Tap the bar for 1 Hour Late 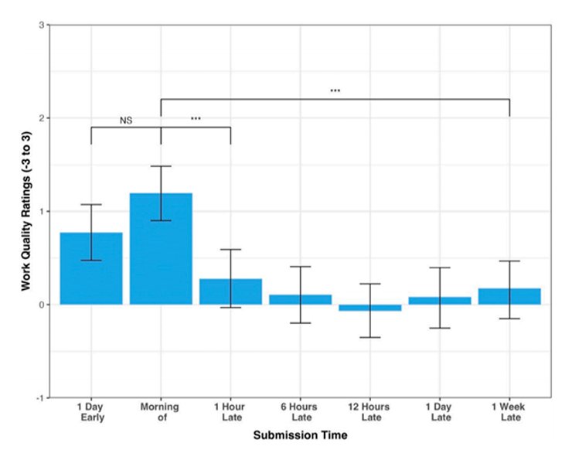pyautogui.click(x=230, y=291)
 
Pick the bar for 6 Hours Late pyautogui.click(x=300, y=299)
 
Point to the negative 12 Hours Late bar pyautogui.click(x=369, y=308)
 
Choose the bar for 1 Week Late pyautogui.click(x=509, y=296)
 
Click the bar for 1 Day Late pyautogui.click(x=440, y=300)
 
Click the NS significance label pyautogui.click(x=126, y=121)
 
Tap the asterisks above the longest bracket pyautogui.click(x=335, y=91)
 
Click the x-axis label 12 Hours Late pyautogui.click(x=369, y=412)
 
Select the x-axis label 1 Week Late pyautogui.click(x=509, y=412)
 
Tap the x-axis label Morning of pyautogui.click(x=161, y=412)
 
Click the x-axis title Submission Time pyautogui.click(x=300, y=437)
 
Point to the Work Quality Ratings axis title pyautogui.click(x=26, y=212)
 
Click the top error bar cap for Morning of pyautogui.click(x=161, y=166)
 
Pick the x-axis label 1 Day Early pyautogui.click(x=91, y=412)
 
